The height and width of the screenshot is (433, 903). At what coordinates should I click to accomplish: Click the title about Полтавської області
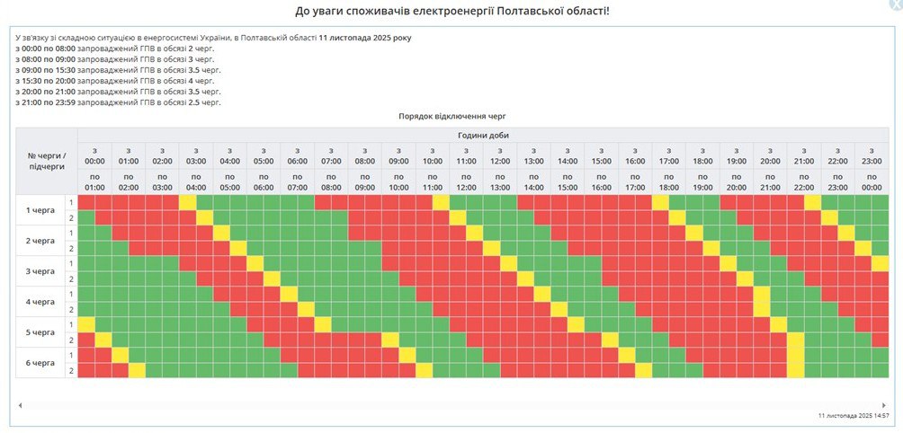[451, 11]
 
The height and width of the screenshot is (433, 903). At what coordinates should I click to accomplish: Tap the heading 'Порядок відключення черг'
[451, 117]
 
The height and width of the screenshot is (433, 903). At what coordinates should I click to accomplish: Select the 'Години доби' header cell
[483, 135]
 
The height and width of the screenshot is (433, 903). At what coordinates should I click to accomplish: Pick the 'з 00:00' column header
[94, 155]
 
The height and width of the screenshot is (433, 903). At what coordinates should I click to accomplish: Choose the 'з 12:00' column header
[500, 155]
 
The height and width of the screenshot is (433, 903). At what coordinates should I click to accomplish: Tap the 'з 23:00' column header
[872, 155]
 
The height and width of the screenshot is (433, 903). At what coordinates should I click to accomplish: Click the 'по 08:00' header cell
[331, 181]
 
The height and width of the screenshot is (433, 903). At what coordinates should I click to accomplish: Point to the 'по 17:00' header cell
[635, 181]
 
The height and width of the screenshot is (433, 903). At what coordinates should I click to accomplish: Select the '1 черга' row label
[40, 209]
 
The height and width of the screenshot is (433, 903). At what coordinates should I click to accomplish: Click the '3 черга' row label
[40, 270]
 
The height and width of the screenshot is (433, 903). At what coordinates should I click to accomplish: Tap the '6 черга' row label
[40, 363]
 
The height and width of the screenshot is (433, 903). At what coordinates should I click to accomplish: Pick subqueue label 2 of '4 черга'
[71, 309]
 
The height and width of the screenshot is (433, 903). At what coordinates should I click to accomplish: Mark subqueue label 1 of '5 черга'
[71, 324]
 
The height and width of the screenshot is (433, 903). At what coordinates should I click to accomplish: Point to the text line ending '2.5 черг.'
[118, 102]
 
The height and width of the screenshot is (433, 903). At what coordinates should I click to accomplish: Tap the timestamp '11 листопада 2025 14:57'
[854, 416]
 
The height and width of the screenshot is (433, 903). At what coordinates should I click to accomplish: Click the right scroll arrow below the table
[885, 405]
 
